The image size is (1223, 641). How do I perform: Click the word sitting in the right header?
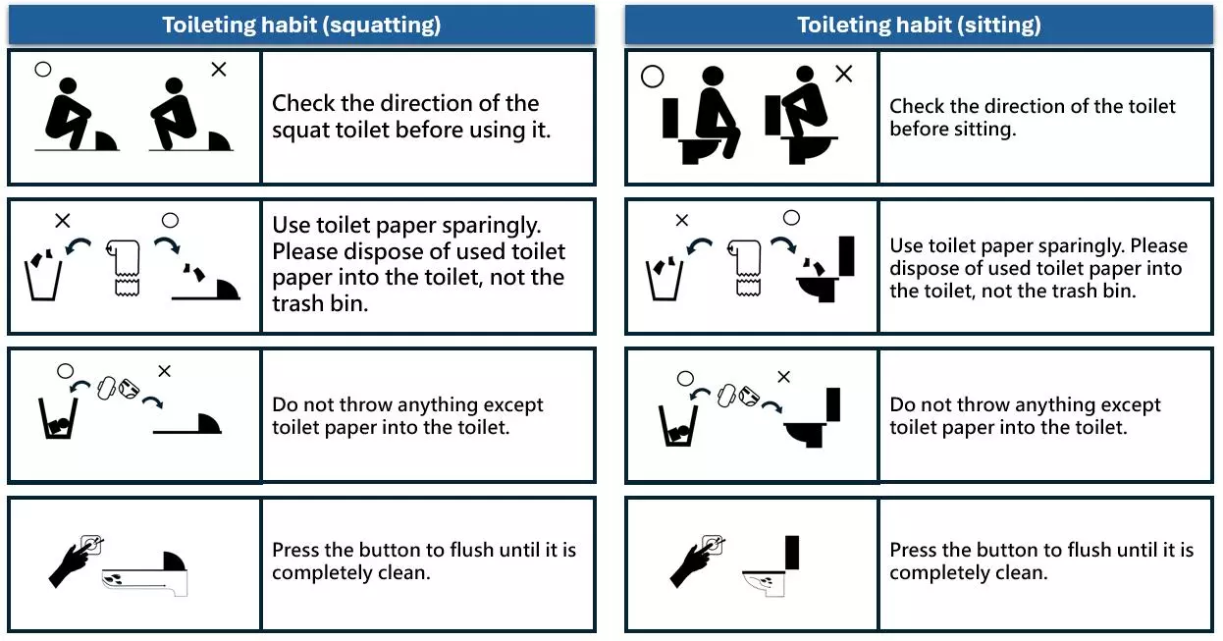pos(999,26)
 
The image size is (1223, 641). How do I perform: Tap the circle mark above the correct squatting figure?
pos(42,70)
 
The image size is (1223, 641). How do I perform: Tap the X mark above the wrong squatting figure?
pos(218,70)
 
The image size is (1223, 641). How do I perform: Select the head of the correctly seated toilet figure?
pos(713,77)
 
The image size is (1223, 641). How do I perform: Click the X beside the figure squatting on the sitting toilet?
pos(843,74)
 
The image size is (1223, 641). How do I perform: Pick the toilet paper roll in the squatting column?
pos(125,268)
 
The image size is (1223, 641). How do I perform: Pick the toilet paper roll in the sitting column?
pos(745,268)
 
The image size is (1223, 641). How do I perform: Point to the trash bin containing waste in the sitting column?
pos(678,426)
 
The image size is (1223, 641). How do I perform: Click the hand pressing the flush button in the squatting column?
pos(71,565)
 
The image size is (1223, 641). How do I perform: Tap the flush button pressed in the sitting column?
pos(713,545)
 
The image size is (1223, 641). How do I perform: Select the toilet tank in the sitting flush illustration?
pos(792,552)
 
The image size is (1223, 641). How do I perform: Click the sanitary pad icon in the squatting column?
pos(106,388)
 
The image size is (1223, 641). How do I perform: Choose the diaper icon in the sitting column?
pos(749,396)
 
